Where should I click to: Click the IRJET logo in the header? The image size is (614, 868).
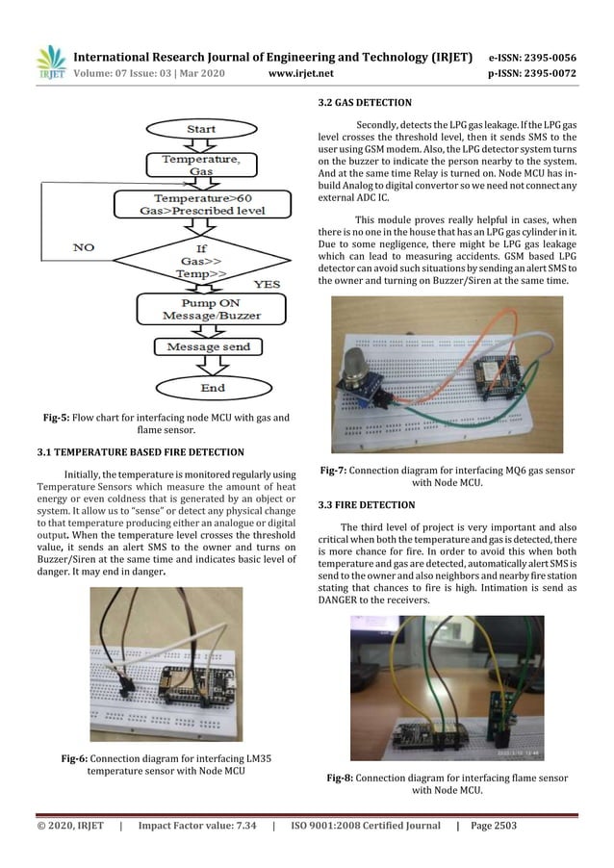tap(49, 62)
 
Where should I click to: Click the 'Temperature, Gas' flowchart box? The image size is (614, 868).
tap(201, 165)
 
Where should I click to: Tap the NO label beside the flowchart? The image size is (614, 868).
tap(84, 247)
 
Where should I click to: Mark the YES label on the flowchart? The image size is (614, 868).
tap(266, 285)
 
